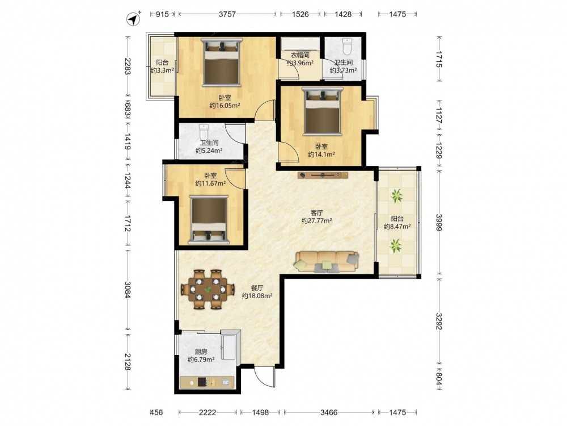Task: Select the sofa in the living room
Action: [x=327, y=262]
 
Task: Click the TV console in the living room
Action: [x=323, y=176]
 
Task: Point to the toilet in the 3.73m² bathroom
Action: [x=347, y=46]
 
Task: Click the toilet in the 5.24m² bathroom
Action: [x=204, y=131]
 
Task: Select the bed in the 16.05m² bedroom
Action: [x=222, y=62]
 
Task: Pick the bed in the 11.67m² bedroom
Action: [x=209, y=220]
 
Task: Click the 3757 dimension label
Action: [x=227, y=14]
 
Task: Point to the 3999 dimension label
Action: [x=439, y=222]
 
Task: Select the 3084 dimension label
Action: [x=127, y=290]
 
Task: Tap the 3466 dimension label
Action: [x=329, y=412]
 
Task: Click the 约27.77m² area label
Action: [x=317, y=220]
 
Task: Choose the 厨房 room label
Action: [x=201, y=352]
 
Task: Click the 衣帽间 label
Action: [x=300, y=56]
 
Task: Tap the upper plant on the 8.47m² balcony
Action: [x=397, y=195]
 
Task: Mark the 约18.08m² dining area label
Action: [x=257, y=296]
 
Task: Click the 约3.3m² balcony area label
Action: [x=162, y=70]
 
